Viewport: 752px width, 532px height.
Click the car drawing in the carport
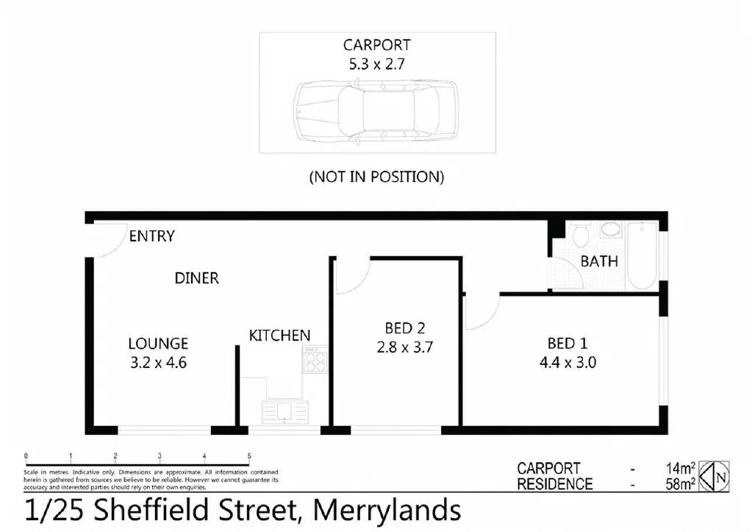[x=376, y=113]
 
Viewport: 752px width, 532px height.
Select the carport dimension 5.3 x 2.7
[x=376, y=64]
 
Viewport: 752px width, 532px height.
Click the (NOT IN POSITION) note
[x=376, y=177]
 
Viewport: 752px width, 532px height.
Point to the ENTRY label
[x=151, y=236]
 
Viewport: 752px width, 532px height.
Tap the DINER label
[x=196, y=278]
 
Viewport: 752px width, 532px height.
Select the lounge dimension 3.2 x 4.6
[x=158, y=361]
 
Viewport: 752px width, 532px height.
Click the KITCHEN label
[x=279, y=336]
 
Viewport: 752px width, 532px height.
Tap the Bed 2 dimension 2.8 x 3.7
[x=405, y=347]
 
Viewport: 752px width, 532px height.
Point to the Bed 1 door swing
[x=481, y=313]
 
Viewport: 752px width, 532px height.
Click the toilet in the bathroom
[x=581, y=235]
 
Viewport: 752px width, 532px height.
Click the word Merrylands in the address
[x=387, y=511]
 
